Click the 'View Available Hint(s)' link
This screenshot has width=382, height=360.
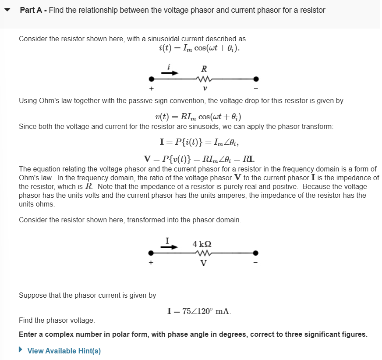click(64, 351)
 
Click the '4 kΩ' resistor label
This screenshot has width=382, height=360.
click(202, 243)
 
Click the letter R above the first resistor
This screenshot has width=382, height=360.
click(204, 69)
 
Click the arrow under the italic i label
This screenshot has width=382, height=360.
click(170, 73)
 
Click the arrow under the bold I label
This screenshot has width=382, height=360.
click(170, 246)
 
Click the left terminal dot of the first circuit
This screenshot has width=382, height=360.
click(152, 79)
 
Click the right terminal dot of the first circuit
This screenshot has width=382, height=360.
click(256, 79)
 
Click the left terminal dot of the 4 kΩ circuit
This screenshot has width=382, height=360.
click(152, 253)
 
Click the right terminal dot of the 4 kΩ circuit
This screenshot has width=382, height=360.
click(256, 253)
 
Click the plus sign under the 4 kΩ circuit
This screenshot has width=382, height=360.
click(152, 263)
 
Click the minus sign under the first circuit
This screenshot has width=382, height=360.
click(257, 89)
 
